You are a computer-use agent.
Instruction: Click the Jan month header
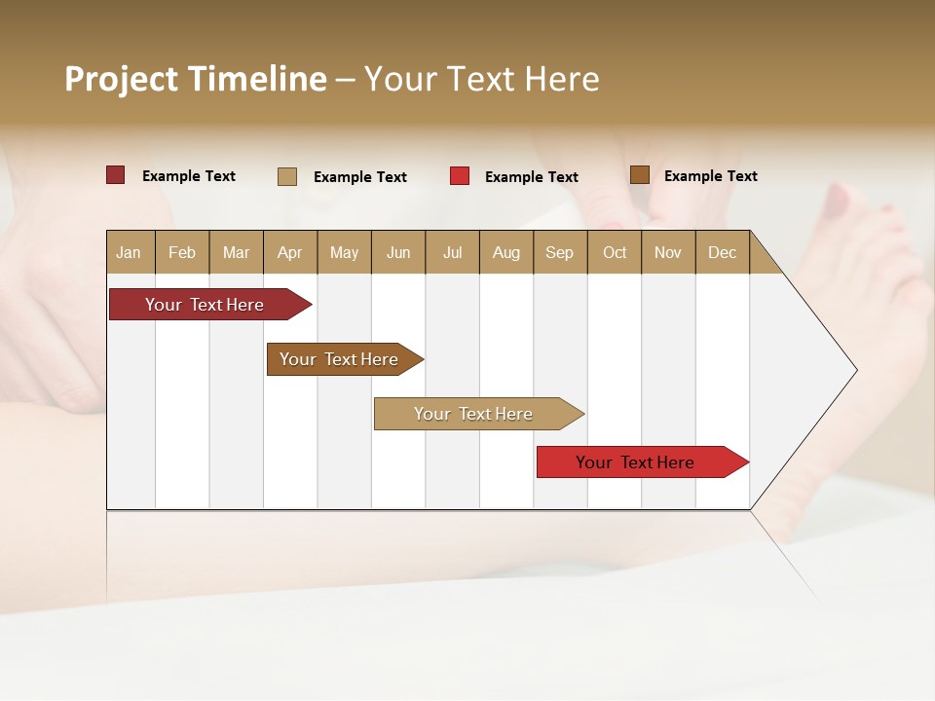coord(129,252)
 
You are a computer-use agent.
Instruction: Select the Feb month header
coord(182,252)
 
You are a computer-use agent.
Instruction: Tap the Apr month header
coord(289,252)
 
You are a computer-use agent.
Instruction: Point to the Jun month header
coord(398,252)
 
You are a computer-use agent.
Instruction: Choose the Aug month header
coord(505,252)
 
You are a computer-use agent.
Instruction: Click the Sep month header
coord(559,252)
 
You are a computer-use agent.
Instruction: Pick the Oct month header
coord(615,252)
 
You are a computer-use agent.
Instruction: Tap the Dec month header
coord(722,252)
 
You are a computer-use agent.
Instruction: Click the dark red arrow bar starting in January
coord(205,305)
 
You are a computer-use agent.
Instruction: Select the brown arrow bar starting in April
coord(339,359)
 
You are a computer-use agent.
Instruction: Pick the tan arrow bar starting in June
coord(473,414)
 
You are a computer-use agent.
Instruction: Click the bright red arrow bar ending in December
coord(635,462)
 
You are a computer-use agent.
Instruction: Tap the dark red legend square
coord(116,175)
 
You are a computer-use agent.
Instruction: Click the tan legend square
coord(287,176)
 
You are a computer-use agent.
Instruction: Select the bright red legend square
coord(460,176)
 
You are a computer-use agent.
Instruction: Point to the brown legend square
coord(640,175)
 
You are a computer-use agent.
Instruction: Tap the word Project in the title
coord(121,79)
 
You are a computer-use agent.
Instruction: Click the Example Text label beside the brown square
coord(710,176)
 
